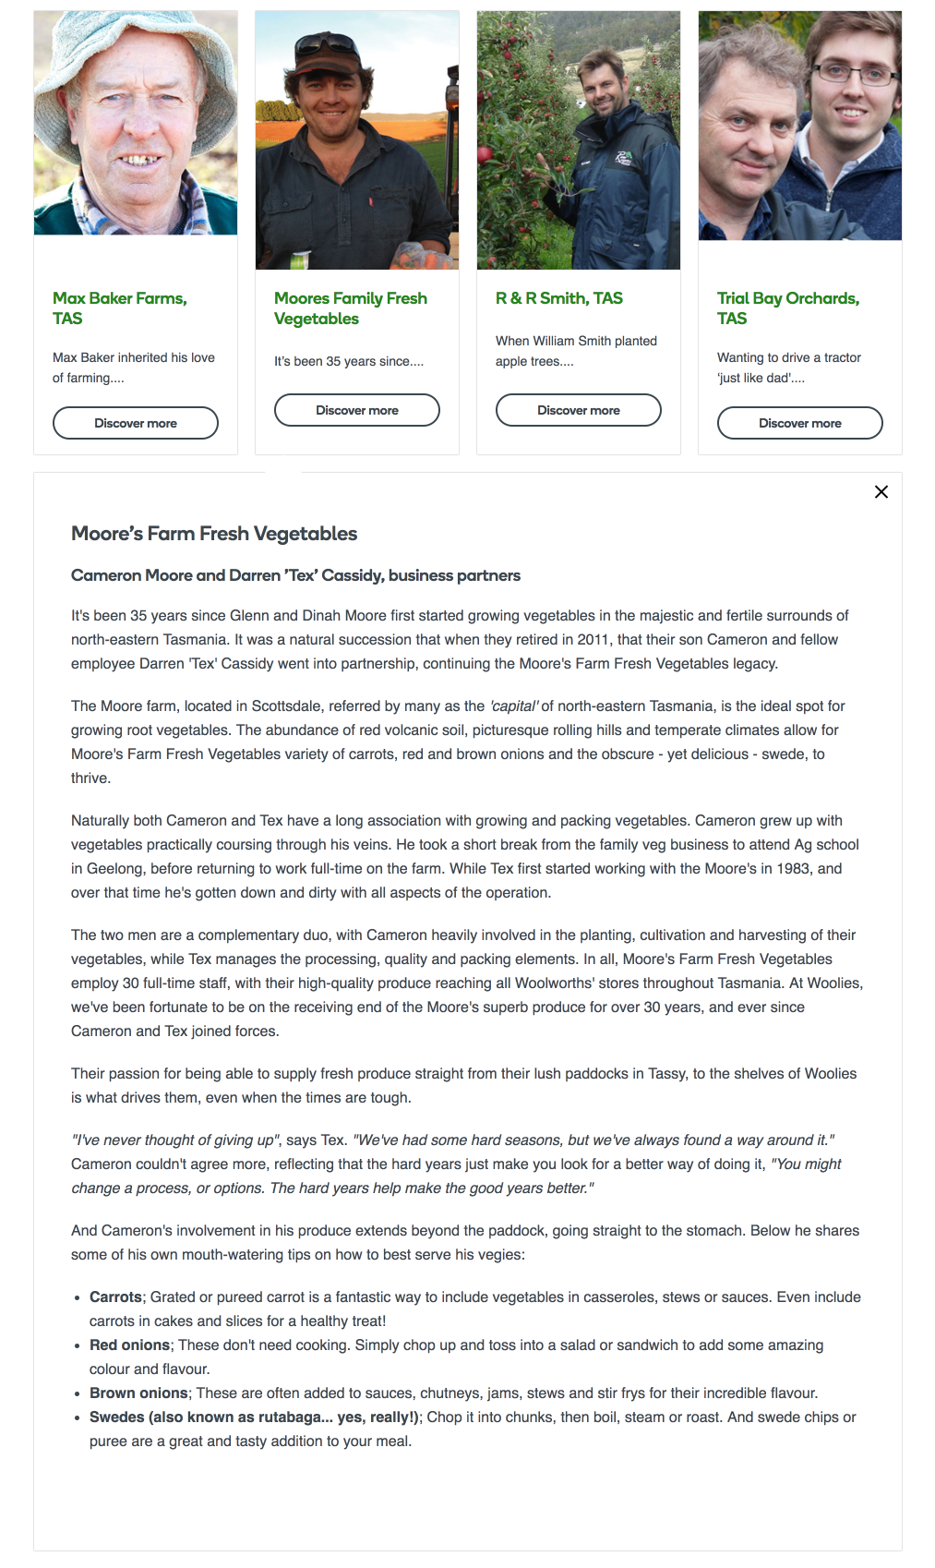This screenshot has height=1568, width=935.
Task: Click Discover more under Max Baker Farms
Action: pyautogui.click(x=136, y=423)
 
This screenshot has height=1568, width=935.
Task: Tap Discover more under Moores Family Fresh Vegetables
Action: pyautogui.click(x=357, y=410)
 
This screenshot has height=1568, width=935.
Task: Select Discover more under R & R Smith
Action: pyautogui.click(x=579, y=410)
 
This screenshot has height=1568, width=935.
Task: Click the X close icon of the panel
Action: pyautogui.click(x=881, y=492)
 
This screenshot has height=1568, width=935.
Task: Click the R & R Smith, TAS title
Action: pyautogui.click(x=558, y=298)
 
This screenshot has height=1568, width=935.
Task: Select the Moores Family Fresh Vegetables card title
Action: pyautogui.click(x=350, y=308)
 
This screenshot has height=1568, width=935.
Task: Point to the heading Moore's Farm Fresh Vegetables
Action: pyautogui.click(x=214, y=534)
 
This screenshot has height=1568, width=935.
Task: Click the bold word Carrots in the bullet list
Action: pyautogui.click(x=115, y=1297)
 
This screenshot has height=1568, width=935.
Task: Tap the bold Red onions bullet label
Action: pyautogui.click(x=129, y=1345)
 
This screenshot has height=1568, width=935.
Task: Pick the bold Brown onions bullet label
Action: pyautogui.click(x=138, y=1393)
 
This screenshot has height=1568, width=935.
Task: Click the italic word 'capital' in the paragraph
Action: pyautogui.click(x=514, y=706)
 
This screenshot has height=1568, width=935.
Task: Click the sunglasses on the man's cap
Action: pyautogui.click(x=330, y=43)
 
